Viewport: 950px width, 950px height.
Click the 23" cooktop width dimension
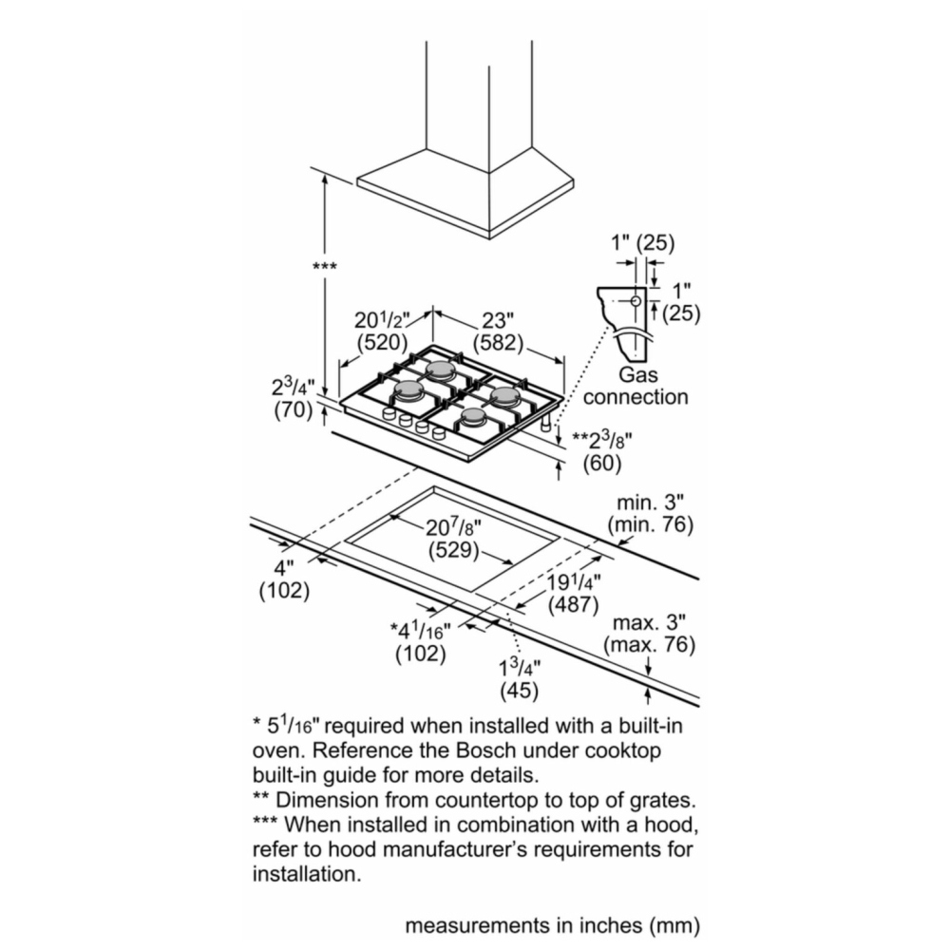pos(498,319)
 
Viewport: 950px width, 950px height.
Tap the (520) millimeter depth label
pos(382,342)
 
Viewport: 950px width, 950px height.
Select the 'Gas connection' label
pos(636,386)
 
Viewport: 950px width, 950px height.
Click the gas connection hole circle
pos(636,300)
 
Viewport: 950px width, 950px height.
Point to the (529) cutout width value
pos(454,551)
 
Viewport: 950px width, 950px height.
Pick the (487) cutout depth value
pos(573,604)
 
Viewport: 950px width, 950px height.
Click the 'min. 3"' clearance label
pos(650,503)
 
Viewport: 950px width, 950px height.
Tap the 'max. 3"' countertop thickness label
pos(650,622)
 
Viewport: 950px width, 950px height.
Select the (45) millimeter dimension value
pos(520,691)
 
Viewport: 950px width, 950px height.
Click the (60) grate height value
pos(602,464)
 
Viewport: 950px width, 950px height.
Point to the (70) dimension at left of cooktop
pos(294,410)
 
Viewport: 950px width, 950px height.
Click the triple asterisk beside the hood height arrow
pos(325,267)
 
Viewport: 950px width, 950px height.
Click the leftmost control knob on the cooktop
pos(389,414)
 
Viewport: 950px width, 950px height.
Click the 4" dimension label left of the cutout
pos(284,568)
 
